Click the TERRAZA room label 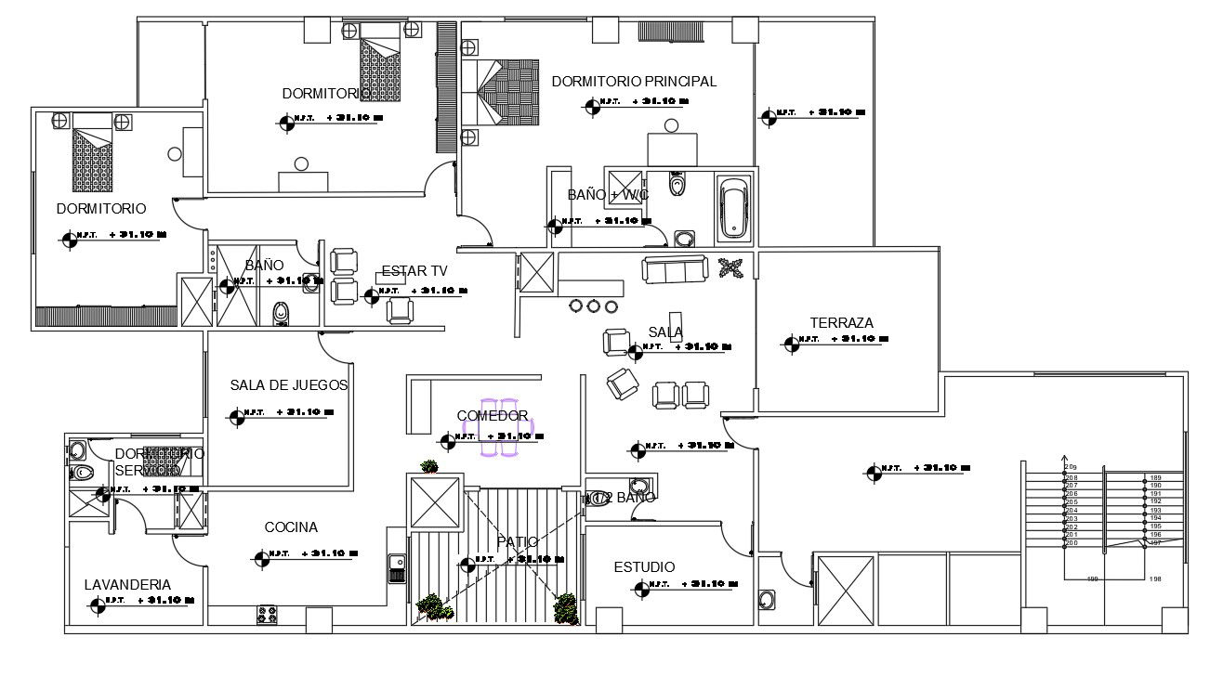(841, 323)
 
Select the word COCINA (291, 527)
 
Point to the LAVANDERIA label (127, 585)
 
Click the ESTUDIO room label (644, 567)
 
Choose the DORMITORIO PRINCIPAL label (634, 82)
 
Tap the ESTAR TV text (414, 271)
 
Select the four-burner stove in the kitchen (268, 614)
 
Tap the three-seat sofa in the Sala (675, 270)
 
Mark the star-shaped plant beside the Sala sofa (731, 268)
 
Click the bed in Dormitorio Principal (506, 93)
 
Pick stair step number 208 (1072, 477)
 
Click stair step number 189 (1155, 477)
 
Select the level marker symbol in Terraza (791, 344)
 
